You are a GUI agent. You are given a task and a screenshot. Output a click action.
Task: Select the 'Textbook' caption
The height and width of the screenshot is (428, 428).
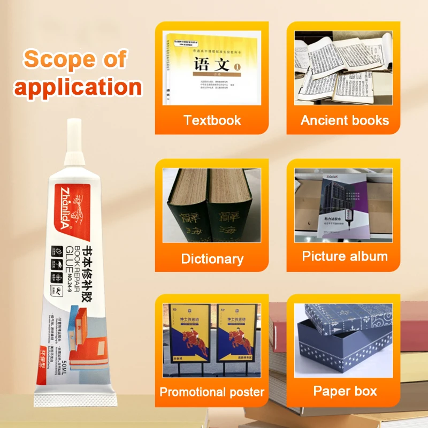[212, 120]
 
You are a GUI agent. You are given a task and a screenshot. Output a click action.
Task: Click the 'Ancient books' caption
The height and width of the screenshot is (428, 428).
[345, 120]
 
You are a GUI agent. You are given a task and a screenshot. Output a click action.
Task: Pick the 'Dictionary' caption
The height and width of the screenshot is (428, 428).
[212, 259]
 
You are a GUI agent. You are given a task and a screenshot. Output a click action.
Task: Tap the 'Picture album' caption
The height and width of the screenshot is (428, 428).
[345, 256]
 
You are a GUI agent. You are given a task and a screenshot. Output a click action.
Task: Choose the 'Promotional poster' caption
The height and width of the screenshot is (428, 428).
[212, 392]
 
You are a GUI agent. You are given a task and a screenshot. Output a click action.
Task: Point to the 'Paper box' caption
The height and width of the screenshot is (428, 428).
[345, 391]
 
